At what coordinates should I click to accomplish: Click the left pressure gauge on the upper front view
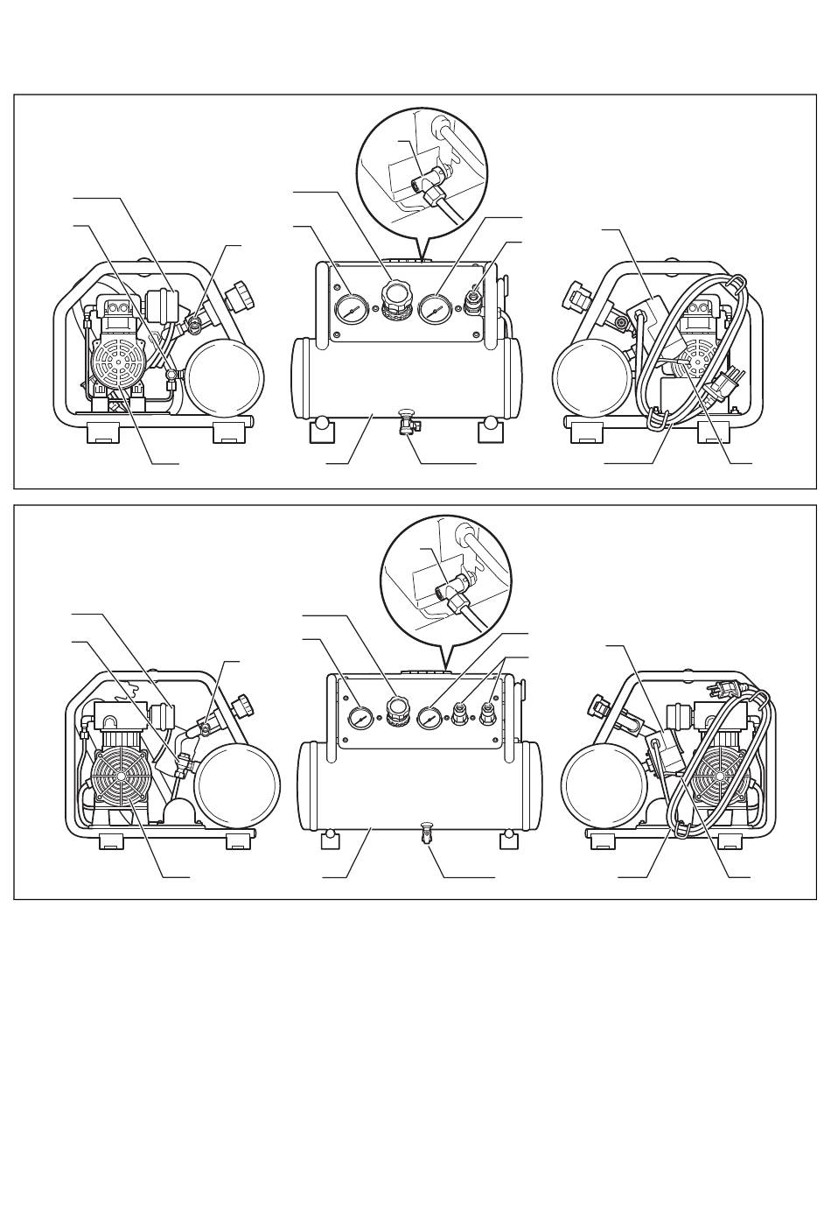pyautogui.click(x=348, y=309)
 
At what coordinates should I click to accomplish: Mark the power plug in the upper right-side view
pyautogui.click(x=725, y=385)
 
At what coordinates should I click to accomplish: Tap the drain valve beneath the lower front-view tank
pyautogui.click(x=428, y=833)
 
